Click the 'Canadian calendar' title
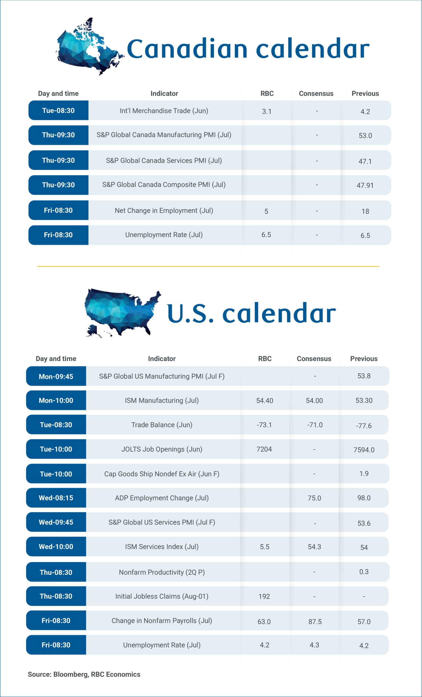click(x=248, y=49)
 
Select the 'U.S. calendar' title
click(x=251, y=313)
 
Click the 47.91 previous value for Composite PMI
click(x=365, y=185)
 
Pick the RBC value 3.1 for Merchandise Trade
click(x=267, y=111)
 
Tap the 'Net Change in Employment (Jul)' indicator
click(x=164, y=210)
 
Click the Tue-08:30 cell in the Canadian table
click(x=58, y=110)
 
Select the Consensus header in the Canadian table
click(x=316, y=94)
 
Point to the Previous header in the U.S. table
click(x=364, y=359)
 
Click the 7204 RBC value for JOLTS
click(x=264, y=449)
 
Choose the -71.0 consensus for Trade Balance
click(x=315, y=425)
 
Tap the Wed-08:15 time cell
click(x=56, y=498)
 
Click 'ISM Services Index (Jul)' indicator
click(x=162, y=546)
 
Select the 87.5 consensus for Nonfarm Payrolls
click(x=315, y=622)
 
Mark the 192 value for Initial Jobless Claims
click(x=264, y=597)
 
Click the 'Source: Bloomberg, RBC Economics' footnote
click(x=84, y=674)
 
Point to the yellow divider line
click(x=208, y=266)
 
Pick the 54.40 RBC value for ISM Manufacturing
click(x=265, y=401)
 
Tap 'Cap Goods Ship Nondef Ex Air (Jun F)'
click(x=162, y=474)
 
